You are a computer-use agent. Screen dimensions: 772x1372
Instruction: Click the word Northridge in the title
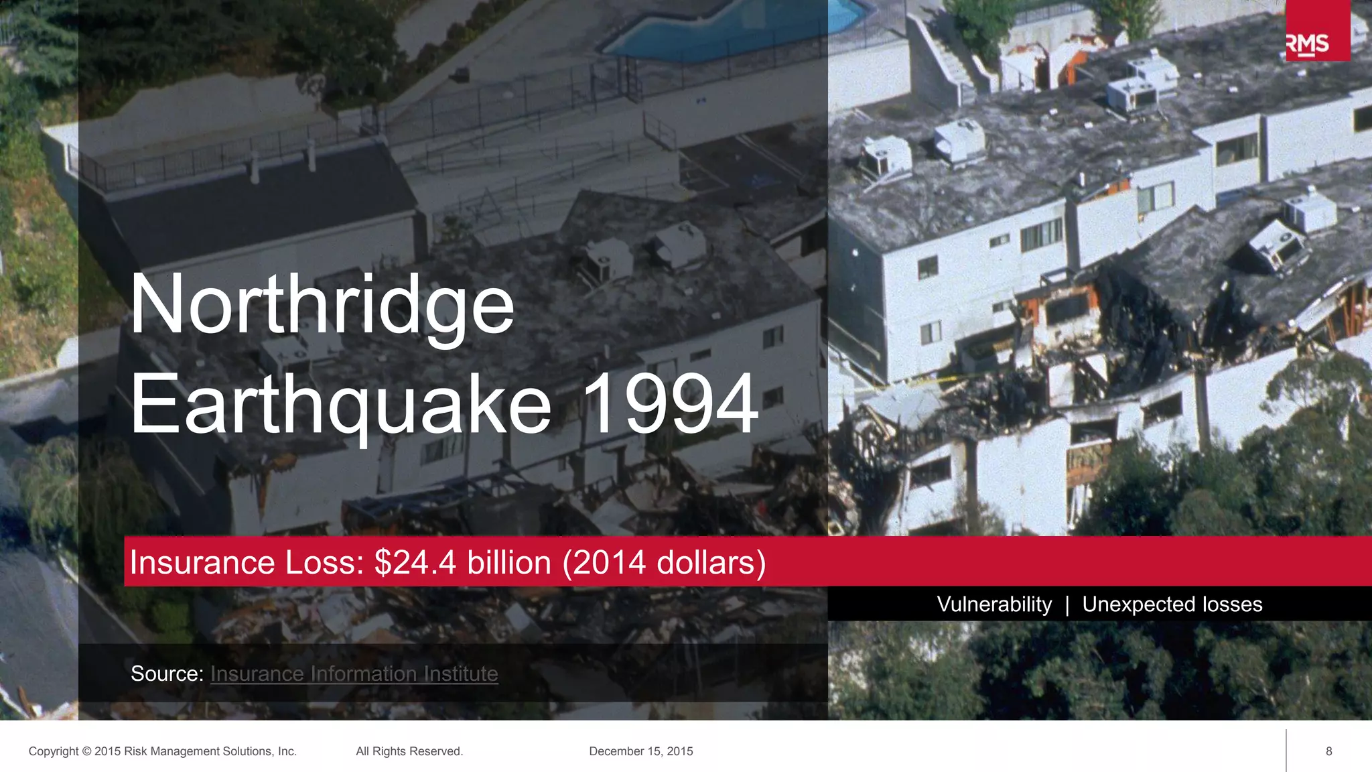(x=322, y=305)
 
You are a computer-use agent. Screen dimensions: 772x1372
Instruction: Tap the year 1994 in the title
(x=671, y=404)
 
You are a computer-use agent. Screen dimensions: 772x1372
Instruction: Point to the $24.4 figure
(x=415, y=562)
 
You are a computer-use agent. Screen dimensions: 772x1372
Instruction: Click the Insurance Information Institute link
(x=354, y=673)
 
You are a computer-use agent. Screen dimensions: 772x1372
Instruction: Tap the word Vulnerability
(x=994, y=604)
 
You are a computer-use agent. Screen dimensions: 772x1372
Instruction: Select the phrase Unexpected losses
(x=1172, y=604)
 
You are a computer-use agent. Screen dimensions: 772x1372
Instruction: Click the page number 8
(x=1329, y=751)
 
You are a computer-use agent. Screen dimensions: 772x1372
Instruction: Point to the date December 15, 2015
(x=641, y=751)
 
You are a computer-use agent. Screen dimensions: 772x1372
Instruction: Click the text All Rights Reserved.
(x=409, y=751)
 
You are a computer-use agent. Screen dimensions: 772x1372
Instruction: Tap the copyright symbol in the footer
(x=86, y=752)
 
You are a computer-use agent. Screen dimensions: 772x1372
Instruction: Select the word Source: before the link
(x=167, y=673)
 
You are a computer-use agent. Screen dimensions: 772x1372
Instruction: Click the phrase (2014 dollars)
(x=664, y=562)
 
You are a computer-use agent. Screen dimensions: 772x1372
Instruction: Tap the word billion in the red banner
(x=509, y=562)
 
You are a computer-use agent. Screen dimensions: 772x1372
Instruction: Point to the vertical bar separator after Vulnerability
(x=1067, y=605)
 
